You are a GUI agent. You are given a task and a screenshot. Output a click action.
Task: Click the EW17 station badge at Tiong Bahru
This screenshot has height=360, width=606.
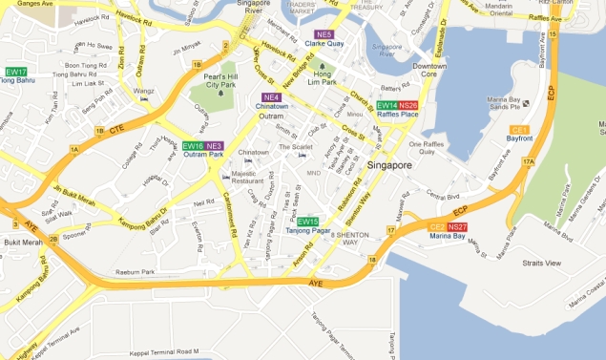(x=16, y=72)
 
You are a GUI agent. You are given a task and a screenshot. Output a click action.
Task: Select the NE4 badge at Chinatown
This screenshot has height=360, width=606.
(x=272, y=97)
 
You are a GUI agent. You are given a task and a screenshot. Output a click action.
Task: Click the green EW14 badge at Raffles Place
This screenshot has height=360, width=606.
(x=387, y=105)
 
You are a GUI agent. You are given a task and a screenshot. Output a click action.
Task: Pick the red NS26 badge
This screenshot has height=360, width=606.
(x=408, y=105)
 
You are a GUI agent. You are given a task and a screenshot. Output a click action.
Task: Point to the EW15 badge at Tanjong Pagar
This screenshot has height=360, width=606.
(x=307, y=222)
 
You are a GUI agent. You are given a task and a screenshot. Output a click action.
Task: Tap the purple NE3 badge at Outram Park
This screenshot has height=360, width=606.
(x=214, y=146)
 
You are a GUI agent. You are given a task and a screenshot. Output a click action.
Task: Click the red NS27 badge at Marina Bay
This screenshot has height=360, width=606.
(x=457, y=226)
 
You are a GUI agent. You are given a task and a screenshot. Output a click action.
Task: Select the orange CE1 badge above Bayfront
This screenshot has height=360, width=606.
(x=519, y=129)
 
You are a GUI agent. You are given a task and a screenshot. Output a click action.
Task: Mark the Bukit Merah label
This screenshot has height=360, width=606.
(x=19, y=244)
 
